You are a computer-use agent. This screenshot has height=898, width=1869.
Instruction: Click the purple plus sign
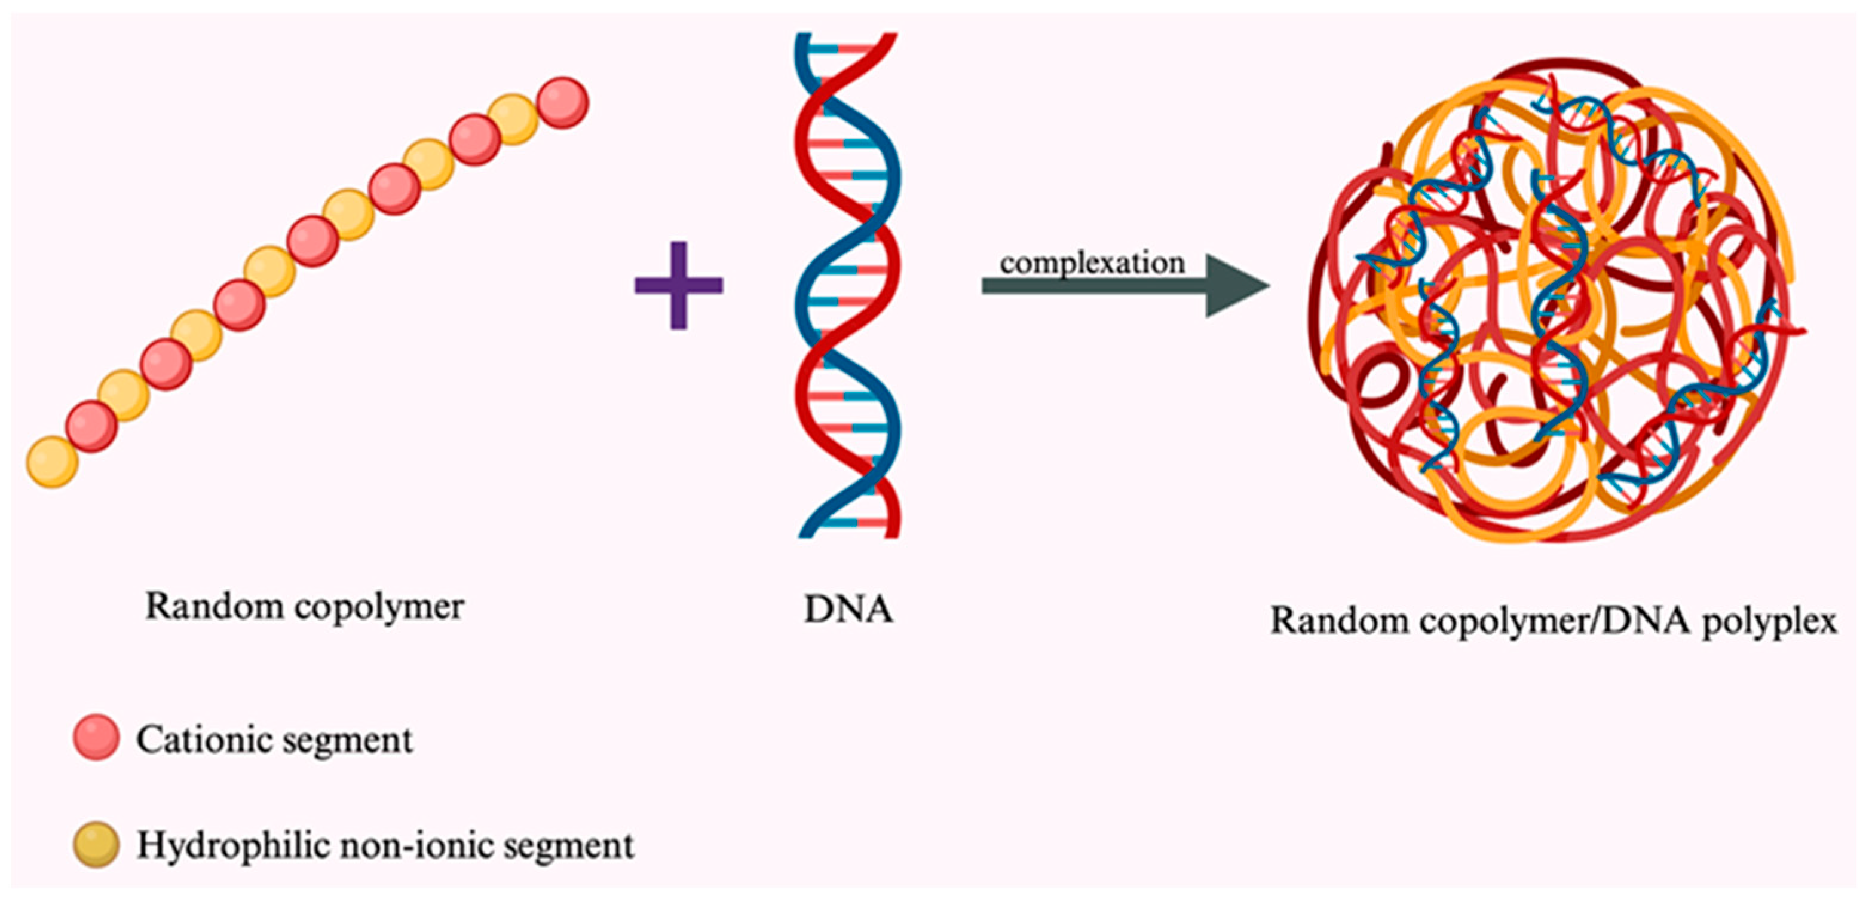(x=678, y=285)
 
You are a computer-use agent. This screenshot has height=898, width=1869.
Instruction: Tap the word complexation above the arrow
(x=1092, y=263)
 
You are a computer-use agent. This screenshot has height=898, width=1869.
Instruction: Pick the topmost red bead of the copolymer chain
(x=562, y=102)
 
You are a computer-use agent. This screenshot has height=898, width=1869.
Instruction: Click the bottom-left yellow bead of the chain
(x=51, y=462)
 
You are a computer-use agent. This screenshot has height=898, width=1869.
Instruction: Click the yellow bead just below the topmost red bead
(x=513, y=119)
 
